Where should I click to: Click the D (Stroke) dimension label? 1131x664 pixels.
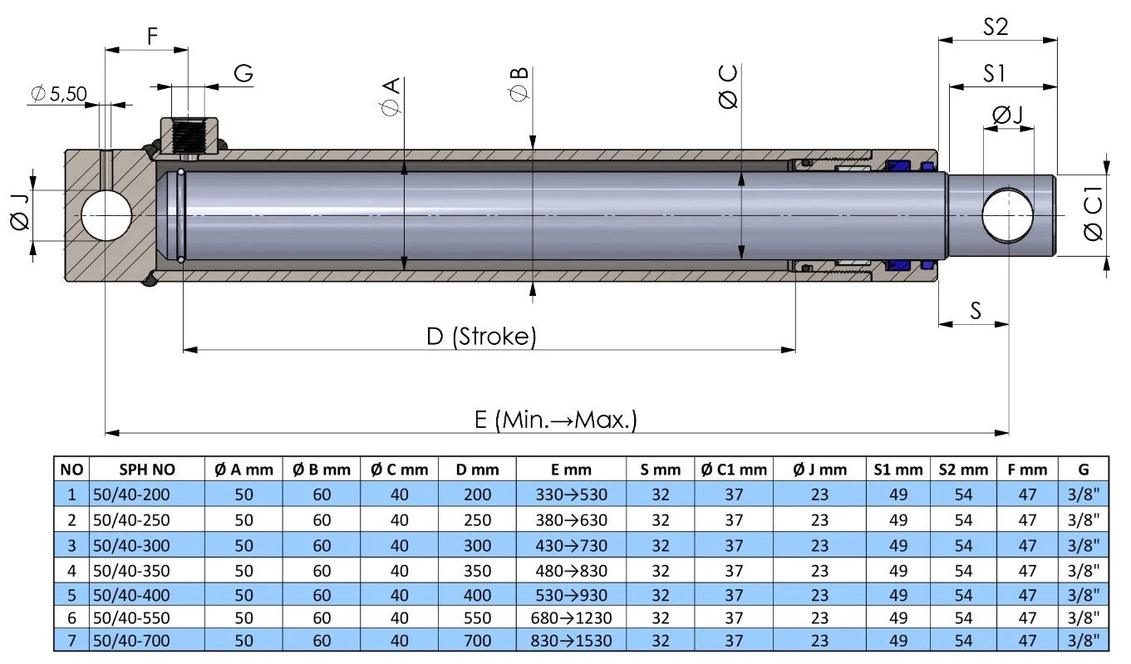point(481,337)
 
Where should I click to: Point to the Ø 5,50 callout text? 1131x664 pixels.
point(58,94)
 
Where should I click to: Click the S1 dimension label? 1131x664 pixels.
point(994,74)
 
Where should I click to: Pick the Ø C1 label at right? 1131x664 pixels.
point(1094,217)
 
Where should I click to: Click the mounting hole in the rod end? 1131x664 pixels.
point(1007,216)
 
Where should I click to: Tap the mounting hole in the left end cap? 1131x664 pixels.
point(106,215)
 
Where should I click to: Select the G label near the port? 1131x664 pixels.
point(243,74)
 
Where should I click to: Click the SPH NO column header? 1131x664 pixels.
point(146,470)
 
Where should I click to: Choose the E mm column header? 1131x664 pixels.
point(569,470)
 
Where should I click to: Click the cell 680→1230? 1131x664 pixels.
point(569,617)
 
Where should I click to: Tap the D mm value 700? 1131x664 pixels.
point(478,641)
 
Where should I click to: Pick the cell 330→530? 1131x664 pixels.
point(569,495)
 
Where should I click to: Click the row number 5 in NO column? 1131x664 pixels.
point(71,594)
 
